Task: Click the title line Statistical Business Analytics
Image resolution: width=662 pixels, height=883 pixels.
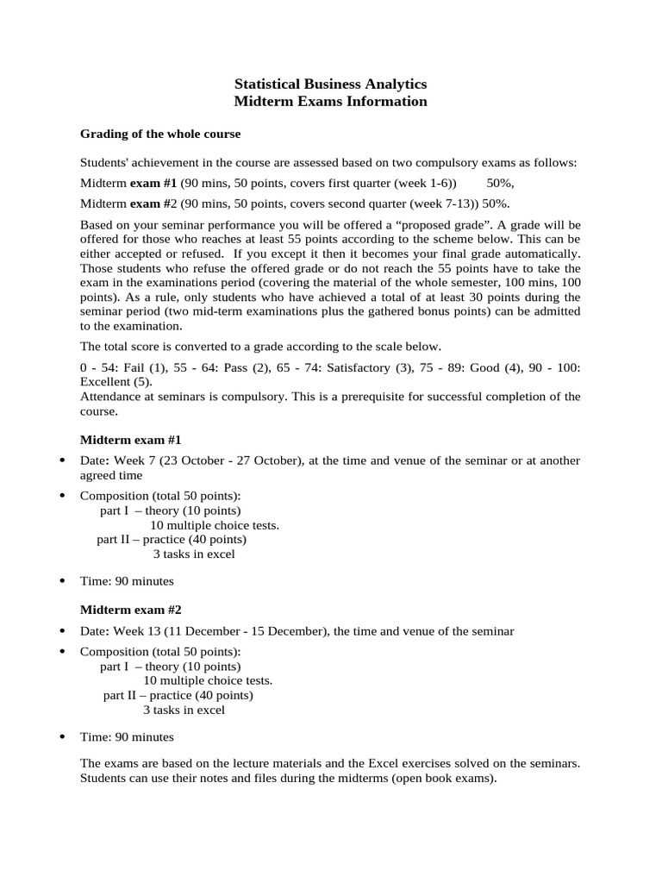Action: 330,84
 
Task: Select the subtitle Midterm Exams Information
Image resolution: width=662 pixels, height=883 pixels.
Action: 330,101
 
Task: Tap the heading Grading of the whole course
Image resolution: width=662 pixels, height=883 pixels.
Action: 160,134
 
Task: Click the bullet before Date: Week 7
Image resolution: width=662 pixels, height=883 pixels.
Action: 62,460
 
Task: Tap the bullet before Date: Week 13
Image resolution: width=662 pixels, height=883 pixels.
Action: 62,630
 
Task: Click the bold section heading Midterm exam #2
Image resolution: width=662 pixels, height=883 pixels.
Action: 130,609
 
